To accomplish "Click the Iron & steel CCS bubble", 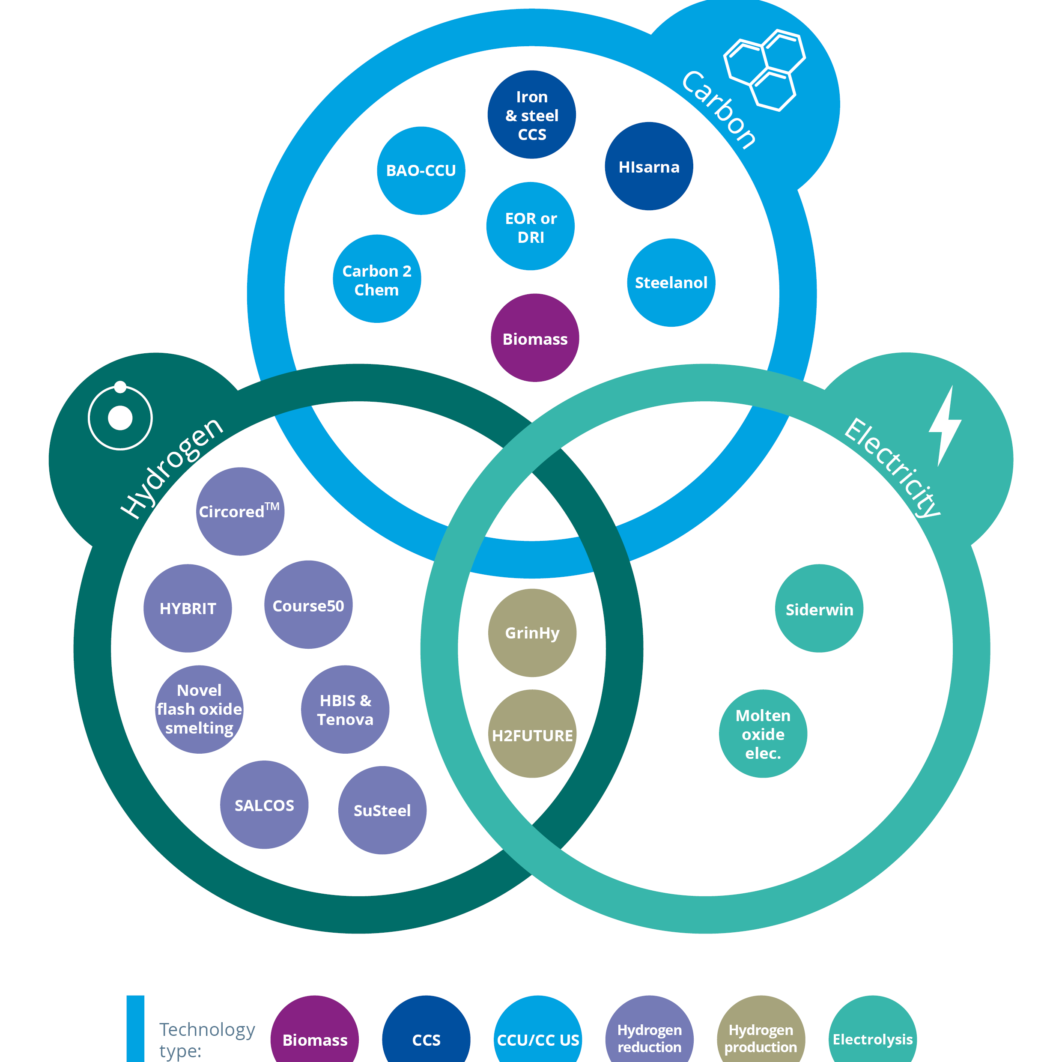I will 531,115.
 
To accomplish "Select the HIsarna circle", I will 649,167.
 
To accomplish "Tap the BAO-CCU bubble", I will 421,171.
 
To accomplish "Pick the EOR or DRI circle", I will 531,227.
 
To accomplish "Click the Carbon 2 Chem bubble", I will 377,279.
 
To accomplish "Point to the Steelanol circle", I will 671,283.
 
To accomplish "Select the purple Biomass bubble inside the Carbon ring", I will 535,338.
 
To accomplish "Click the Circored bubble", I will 240,512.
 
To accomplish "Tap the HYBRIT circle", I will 188,609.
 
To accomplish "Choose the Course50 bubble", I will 308,605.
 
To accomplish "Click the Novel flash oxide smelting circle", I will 200,710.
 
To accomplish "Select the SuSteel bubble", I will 382,810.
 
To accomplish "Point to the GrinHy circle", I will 532,633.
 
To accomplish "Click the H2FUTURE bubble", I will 532,734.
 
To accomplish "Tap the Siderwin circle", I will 819,609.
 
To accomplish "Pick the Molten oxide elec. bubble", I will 763,734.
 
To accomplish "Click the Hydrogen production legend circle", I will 761,1036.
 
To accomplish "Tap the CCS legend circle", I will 426,1036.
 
